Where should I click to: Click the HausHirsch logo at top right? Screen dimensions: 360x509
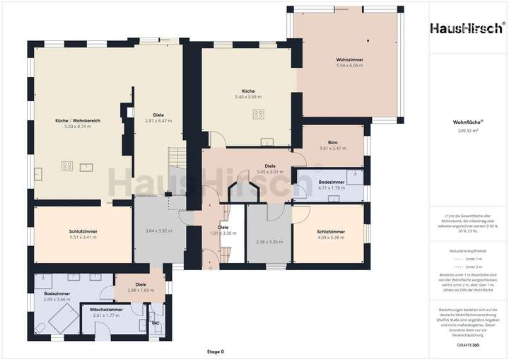(467, 28)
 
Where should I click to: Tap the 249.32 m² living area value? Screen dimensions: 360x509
(467, 131)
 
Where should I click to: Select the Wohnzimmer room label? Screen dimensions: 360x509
(349, 59)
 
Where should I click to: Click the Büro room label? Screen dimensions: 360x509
(332, 142)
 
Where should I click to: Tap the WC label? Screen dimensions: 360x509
(155, 323)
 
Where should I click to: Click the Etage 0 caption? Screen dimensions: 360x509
(215, 352)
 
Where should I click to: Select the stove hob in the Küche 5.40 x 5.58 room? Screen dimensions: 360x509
(259, 113)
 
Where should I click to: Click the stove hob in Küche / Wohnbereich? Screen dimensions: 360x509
(67, 166)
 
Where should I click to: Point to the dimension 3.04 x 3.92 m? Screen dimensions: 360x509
(159, 231)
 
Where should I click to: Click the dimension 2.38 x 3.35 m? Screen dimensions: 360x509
(269, 242)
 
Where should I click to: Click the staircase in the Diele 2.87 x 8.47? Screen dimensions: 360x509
(175, 156)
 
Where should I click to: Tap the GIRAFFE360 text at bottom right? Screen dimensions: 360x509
(467, 345)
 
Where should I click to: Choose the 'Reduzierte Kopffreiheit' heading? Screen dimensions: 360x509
(467, 250)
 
